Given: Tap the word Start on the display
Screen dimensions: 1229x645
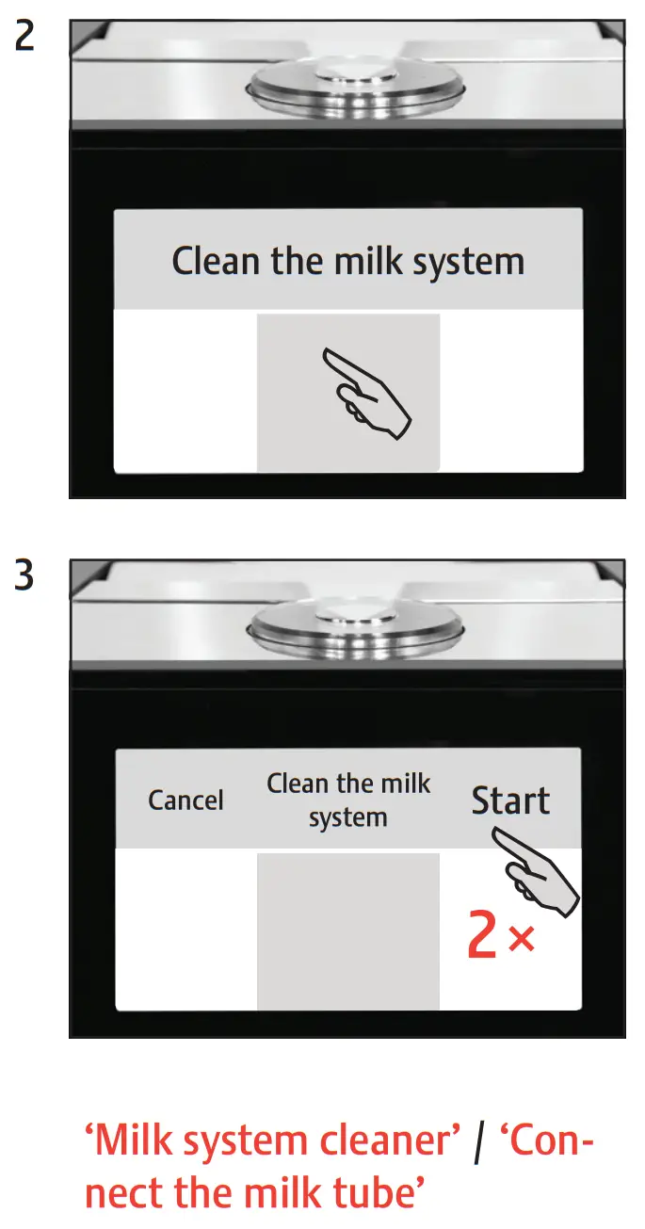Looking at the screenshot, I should click(510, 800).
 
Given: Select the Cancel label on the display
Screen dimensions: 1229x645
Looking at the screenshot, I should click(185, 800).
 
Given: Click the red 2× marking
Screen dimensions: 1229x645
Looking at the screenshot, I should click(501, 937).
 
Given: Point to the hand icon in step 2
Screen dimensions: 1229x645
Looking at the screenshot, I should click(367, 392).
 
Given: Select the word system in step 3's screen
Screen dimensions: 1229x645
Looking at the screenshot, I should click(347, 817).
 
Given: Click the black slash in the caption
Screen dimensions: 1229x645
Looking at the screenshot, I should click(479, 1143).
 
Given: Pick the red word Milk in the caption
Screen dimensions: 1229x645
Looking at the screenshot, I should click(134, 1142).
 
